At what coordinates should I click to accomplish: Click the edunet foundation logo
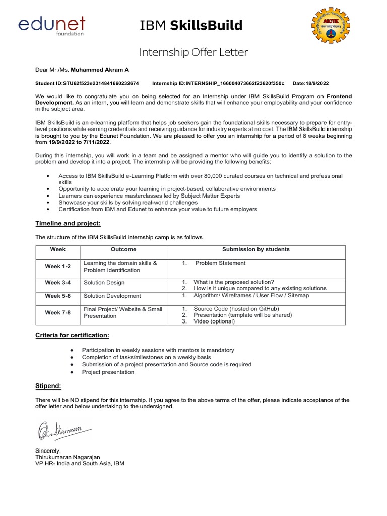[52, 26]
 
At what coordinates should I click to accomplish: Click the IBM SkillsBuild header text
[191, 25]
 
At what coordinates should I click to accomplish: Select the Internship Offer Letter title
[193, 52]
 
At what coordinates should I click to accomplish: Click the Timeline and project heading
[68, 223]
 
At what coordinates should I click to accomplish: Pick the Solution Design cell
[104, 283]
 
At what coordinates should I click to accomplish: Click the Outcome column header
[123, 249]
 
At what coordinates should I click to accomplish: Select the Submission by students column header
[256, 249]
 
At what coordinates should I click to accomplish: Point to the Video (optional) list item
[214, 321]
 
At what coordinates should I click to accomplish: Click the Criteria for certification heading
[72, 335]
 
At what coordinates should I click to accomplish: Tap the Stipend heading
[48, 386]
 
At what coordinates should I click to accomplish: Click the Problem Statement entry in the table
[220, 263]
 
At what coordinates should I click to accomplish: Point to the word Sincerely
[48, 450]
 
